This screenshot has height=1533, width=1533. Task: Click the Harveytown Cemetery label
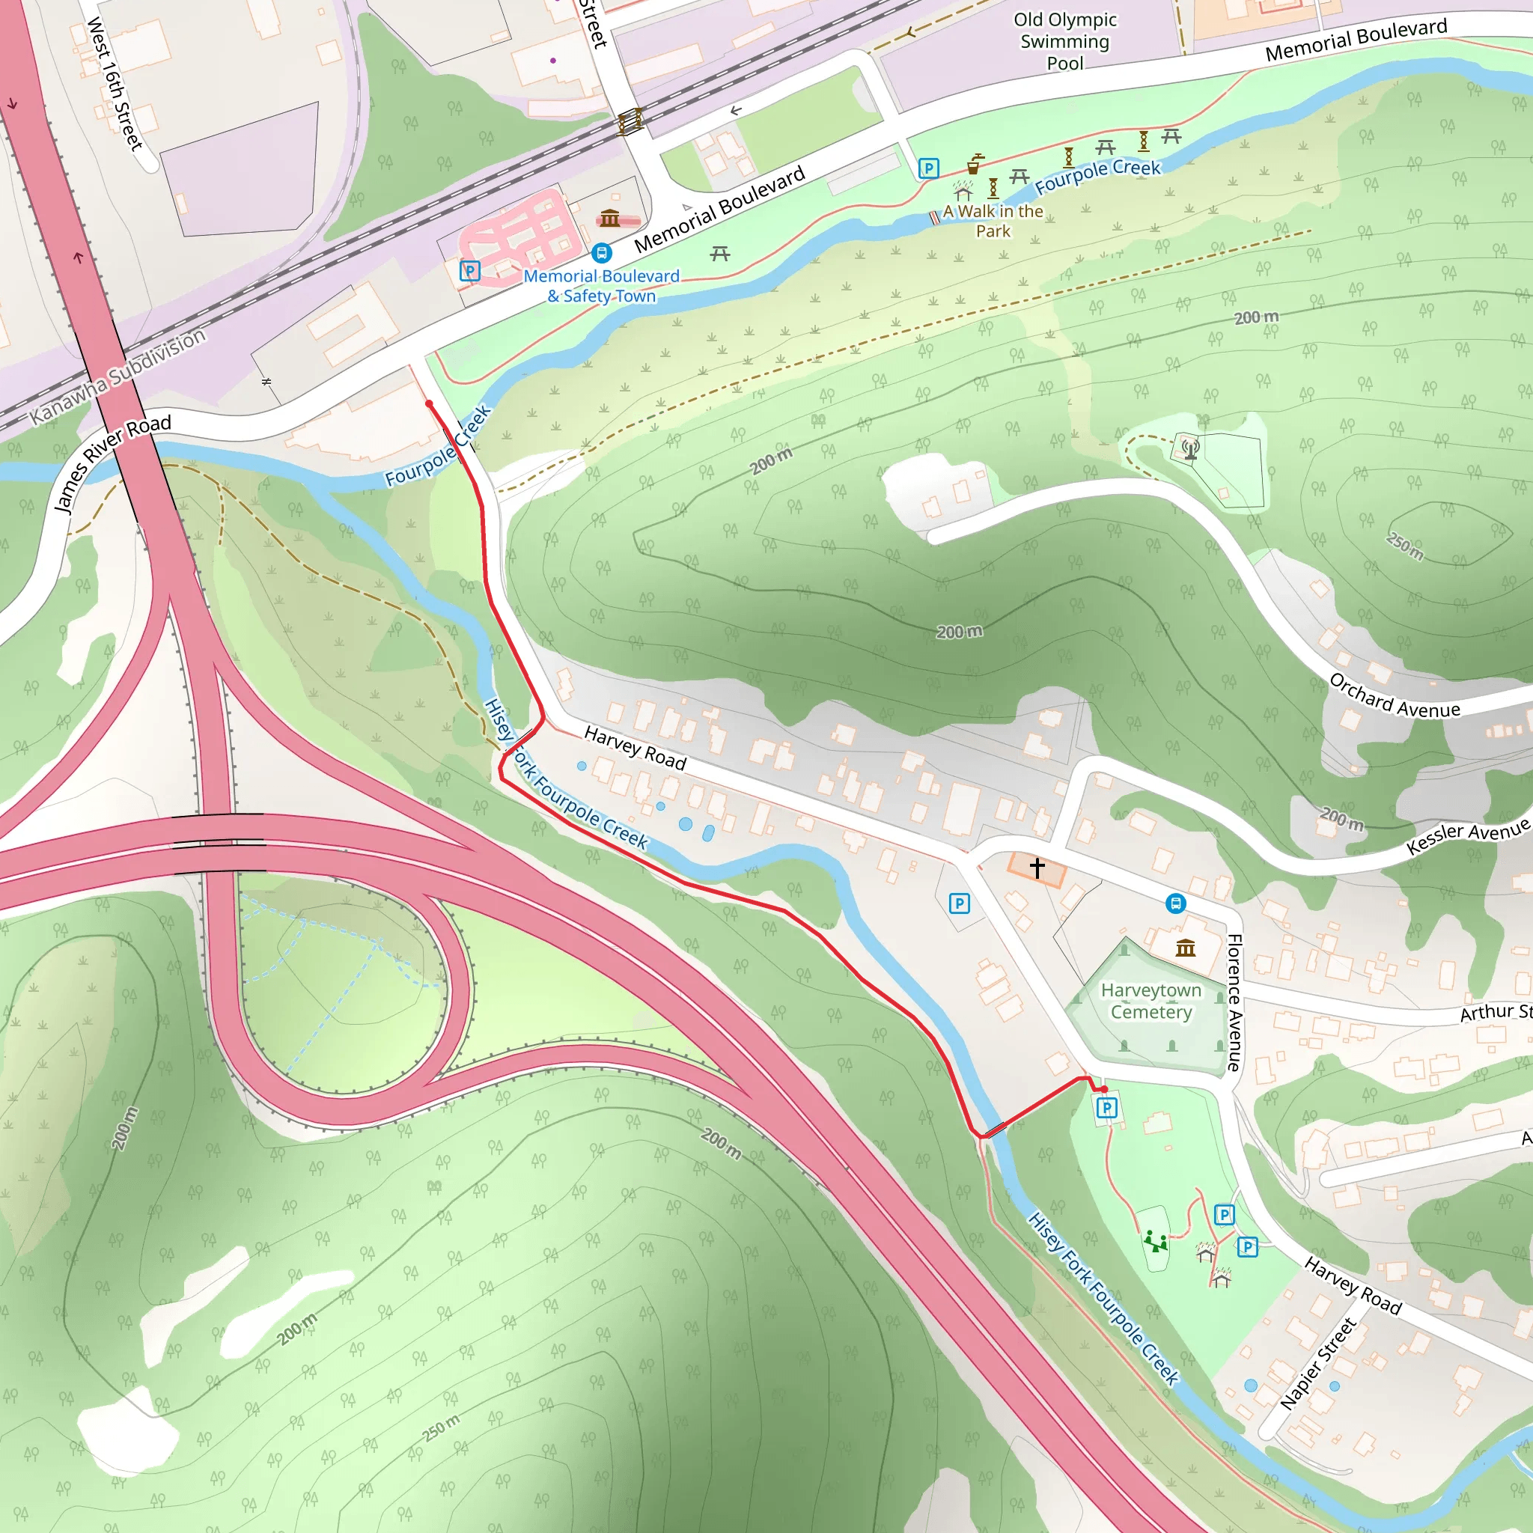(1150, 1001)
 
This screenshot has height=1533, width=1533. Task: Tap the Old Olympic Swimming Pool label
(1065, 41)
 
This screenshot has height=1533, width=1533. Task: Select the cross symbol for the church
(1037, 868)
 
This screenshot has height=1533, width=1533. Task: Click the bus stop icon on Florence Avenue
(1176, 903)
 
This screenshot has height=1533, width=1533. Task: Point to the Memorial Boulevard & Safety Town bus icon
(603, 253)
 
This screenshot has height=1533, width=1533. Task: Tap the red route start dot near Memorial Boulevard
(429, 404)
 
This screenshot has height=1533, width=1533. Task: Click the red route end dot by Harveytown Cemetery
(1104, 1089)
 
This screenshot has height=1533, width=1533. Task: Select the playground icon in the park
(1155, 1240)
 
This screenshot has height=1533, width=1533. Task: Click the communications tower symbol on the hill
(1190, 449)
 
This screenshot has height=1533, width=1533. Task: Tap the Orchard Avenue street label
(1394, 697)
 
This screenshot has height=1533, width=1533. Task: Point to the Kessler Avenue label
(1467, 837)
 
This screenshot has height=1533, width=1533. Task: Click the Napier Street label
(1318, 1364)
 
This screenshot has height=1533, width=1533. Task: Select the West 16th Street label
(115, 84)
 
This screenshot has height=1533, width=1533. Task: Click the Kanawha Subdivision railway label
(118, 377)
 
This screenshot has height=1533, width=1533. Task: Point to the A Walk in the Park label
(993, 222)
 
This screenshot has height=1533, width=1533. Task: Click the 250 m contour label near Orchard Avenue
(1404, 545)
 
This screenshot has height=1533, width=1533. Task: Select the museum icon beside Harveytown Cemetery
(1186, 948)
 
